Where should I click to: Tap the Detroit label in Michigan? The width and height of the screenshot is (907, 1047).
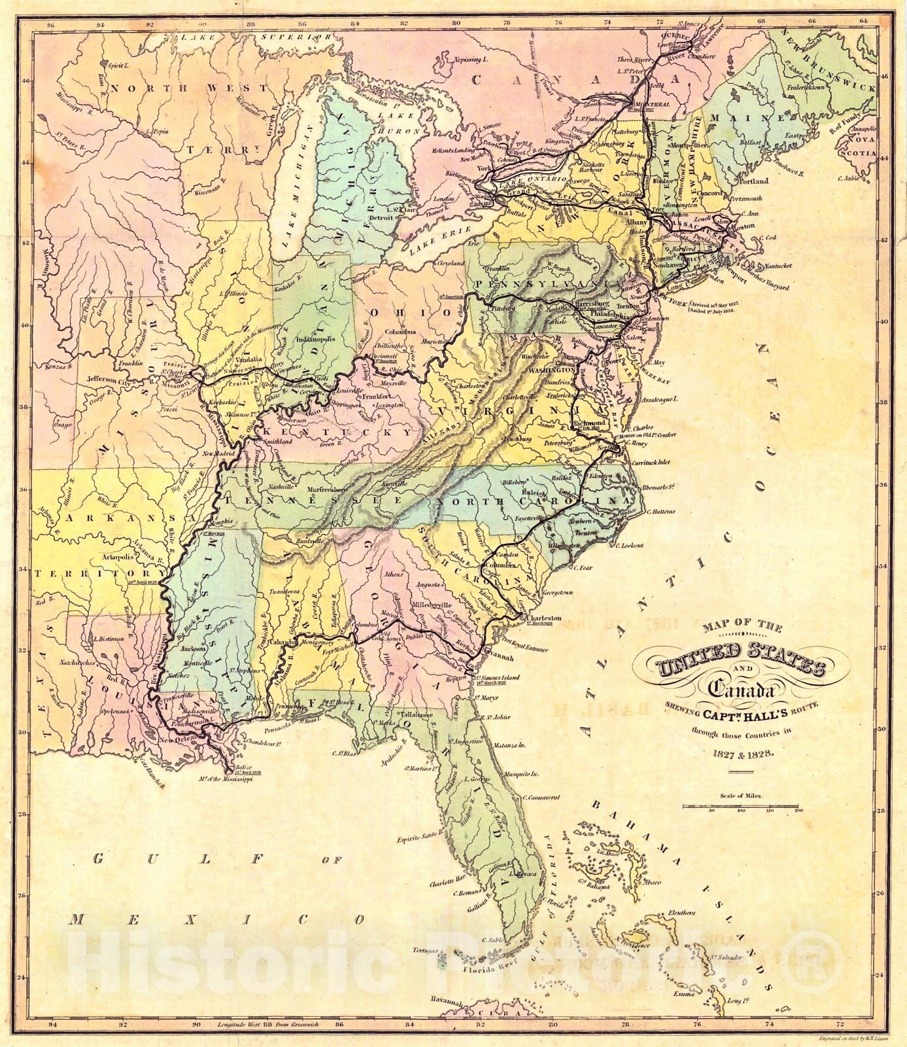(381, 217)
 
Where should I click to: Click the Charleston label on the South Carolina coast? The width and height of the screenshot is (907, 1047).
(545, 618)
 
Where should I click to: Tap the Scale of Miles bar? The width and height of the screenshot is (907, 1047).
(740, 806)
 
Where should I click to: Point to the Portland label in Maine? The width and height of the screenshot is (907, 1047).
(754, 181)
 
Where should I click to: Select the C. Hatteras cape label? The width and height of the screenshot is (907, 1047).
(660, 512)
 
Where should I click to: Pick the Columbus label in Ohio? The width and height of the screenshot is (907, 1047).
(401, 331)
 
